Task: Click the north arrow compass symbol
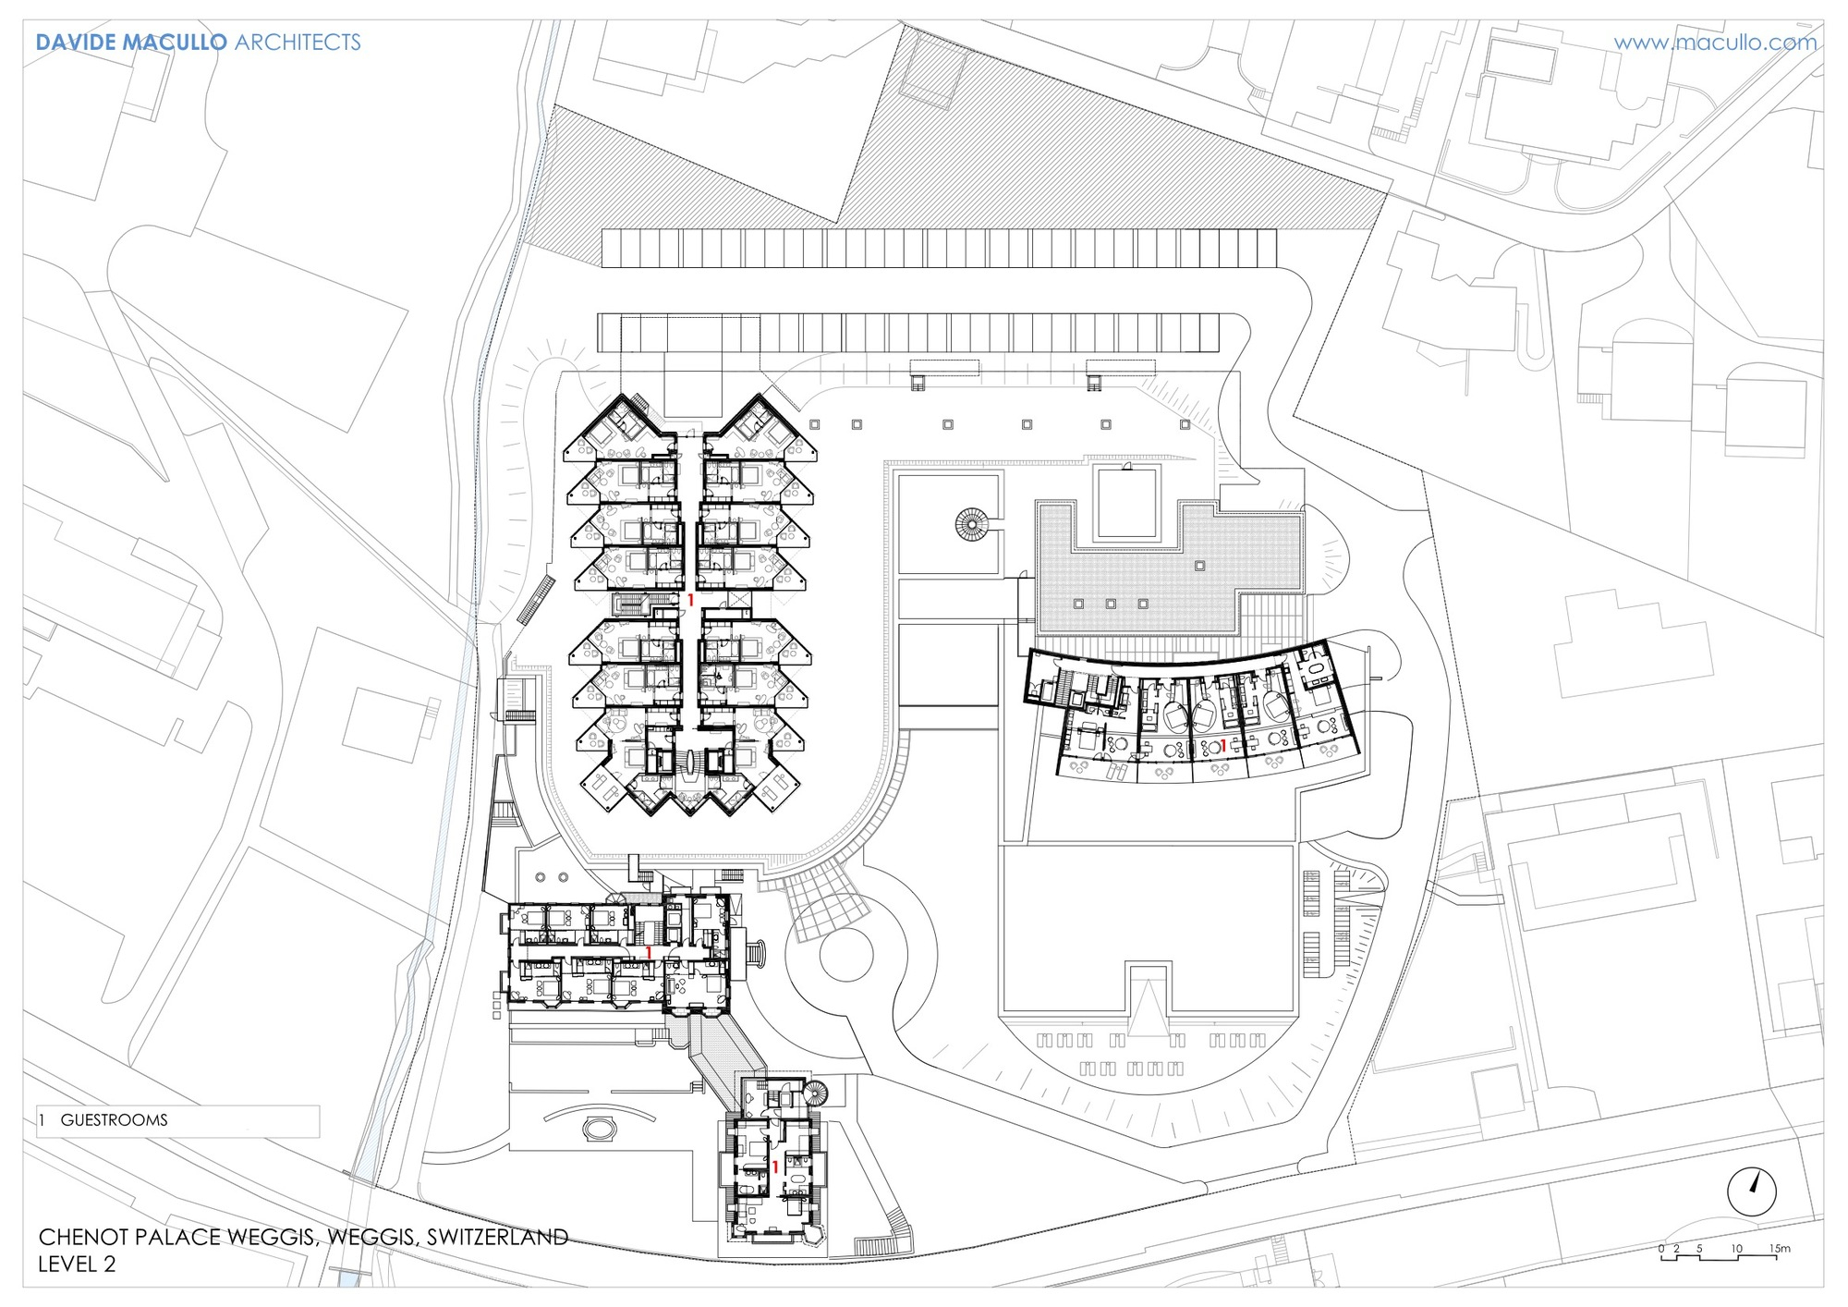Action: (1751, 1191)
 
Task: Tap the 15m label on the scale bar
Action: (1780, 1248)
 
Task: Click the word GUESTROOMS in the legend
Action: (114, 1120)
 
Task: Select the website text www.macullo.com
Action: (1715, 43)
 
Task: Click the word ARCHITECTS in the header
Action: (298, 43)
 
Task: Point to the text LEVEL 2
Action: (77, 1264)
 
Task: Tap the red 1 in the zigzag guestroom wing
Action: (690, 601)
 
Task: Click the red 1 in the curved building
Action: (1222, 745)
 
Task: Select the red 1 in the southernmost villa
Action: (774, 1167)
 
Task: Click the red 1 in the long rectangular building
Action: (649, 952)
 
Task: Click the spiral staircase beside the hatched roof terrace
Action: (971, 525)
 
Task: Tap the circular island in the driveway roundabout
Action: (846, 955)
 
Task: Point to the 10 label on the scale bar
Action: (1736, 1248)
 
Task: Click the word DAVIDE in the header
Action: (76, 43)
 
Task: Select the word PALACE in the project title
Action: (187, 1237)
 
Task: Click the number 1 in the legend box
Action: (42, 1120)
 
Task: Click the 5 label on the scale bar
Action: (1698, 1248)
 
